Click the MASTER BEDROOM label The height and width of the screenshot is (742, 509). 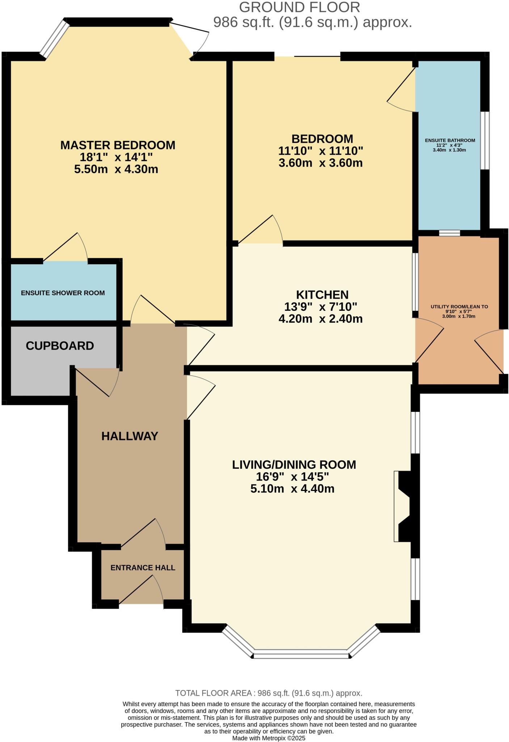118,145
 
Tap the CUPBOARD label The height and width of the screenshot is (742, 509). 60,346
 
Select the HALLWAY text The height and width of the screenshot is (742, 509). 130,436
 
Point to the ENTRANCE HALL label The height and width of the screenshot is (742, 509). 143,568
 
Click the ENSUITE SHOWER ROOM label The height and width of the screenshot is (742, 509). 63,293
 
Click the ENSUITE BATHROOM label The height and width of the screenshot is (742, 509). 450,140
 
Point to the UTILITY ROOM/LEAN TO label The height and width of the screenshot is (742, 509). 459,307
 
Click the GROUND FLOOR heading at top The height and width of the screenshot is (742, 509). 299,7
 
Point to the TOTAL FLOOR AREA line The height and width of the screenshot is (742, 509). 269,693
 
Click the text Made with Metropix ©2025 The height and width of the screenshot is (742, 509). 269,738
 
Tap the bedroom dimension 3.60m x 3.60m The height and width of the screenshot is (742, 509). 320,163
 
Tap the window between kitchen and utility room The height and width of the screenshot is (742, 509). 416,282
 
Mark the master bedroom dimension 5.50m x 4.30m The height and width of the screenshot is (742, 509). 116,169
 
